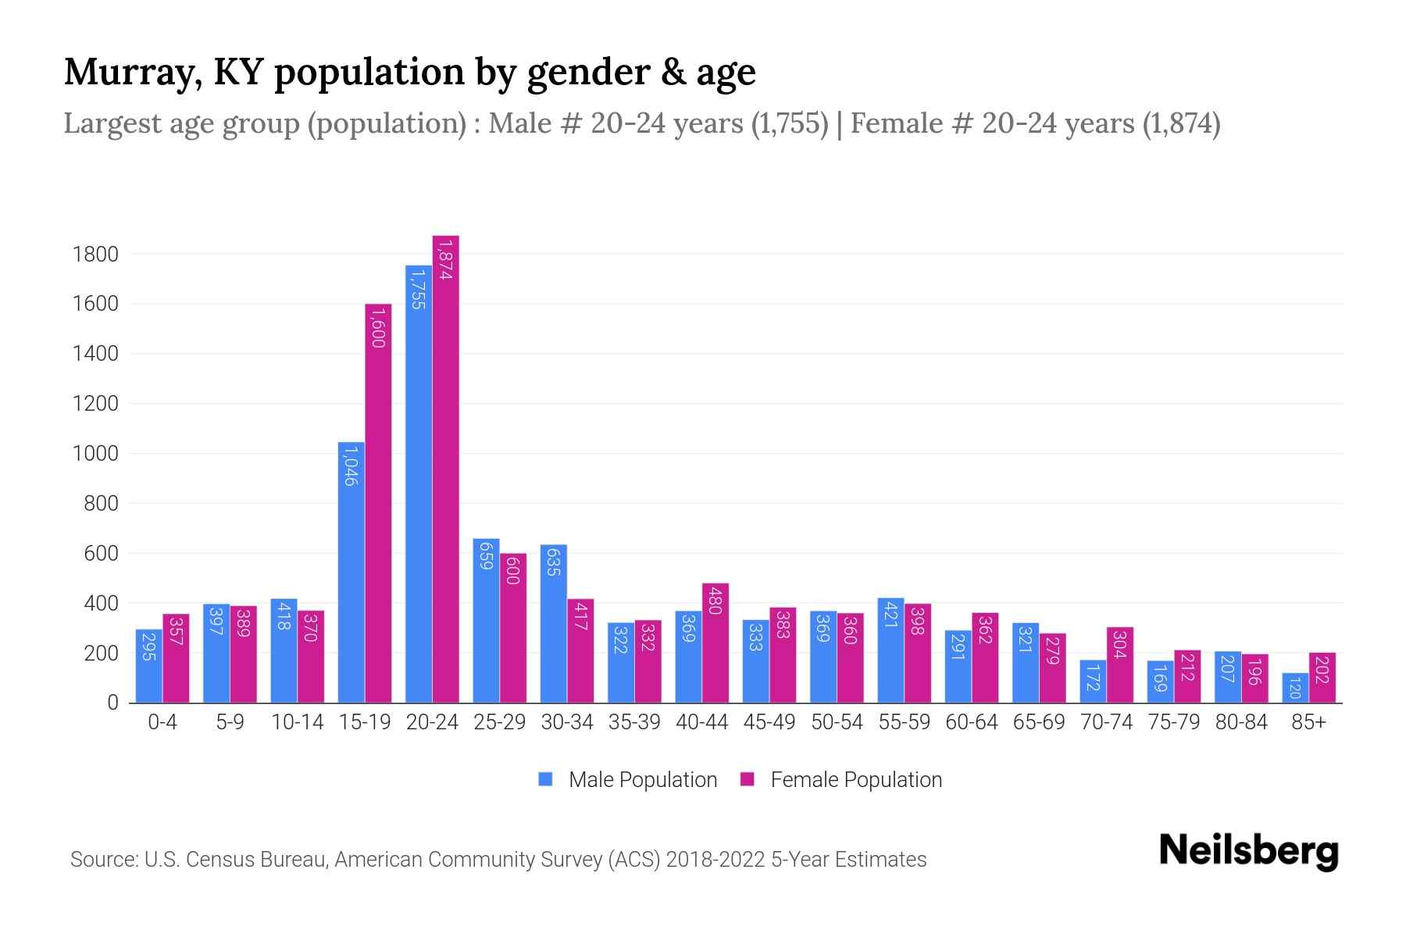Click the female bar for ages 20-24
446,468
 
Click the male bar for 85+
1295,688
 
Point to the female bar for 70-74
1120,664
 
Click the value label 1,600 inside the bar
378,327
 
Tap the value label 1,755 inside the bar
419,289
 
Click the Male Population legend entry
628,780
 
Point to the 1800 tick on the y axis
95,255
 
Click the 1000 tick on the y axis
95,454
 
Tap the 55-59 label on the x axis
904,722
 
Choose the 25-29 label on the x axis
500,722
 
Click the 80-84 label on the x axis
1241,722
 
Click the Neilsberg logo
1248,851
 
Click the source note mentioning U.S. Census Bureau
498,860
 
